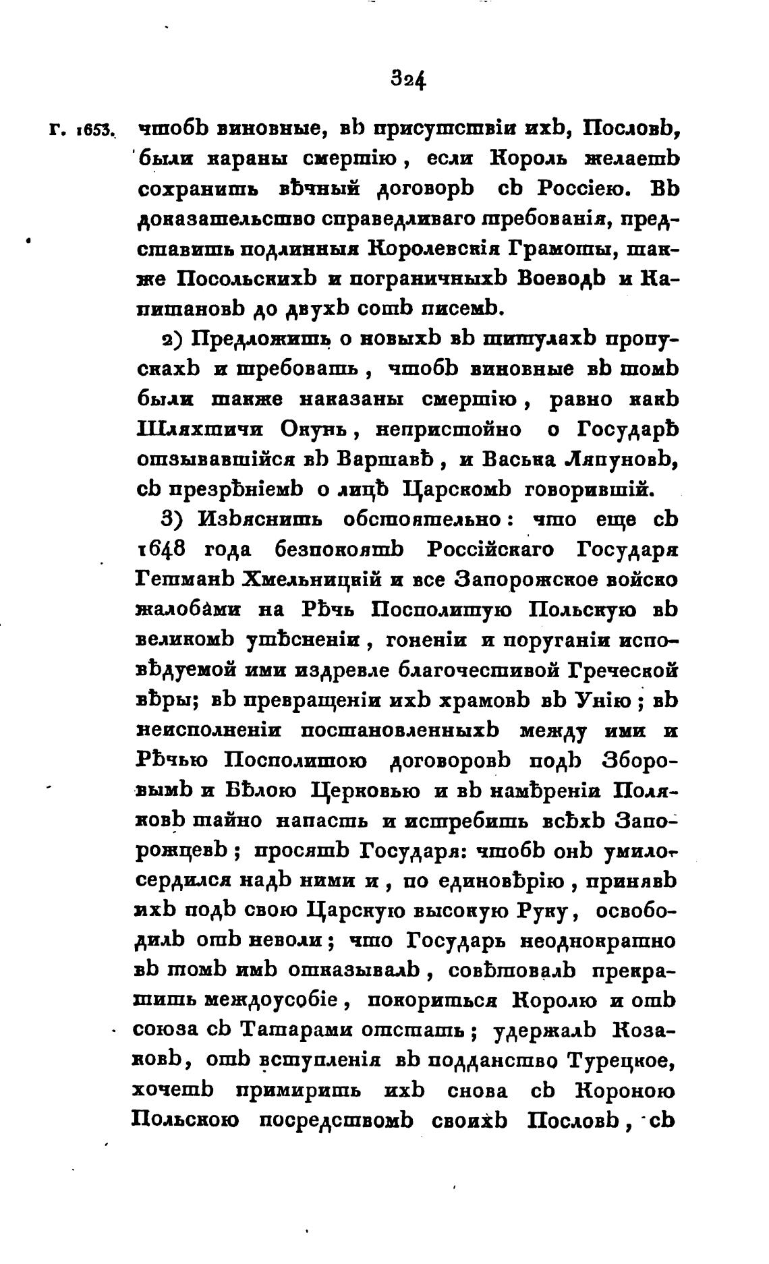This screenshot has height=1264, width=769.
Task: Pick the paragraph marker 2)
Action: pos(175,339)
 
